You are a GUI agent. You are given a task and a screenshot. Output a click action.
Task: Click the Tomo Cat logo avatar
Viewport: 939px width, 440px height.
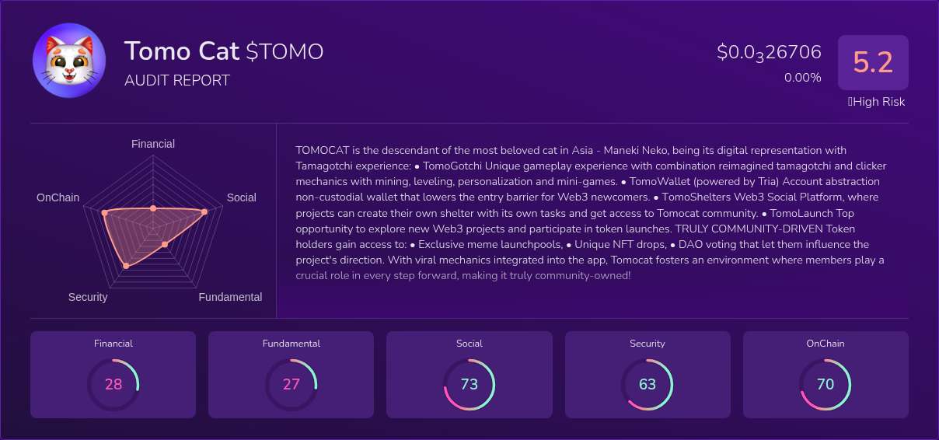coord(69,61)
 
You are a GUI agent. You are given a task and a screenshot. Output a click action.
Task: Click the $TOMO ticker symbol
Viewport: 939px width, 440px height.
coord(284,51)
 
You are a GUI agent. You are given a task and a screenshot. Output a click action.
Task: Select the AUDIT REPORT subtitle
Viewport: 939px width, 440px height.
coord(177,80)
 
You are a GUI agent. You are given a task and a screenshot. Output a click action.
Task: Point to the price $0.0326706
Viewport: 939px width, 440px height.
coord(769,52)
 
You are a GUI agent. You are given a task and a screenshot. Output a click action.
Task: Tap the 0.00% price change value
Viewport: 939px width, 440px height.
coord(802,78)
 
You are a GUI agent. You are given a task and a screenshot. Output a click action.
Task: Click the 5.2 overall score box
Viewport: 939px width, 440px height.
coord(873,62)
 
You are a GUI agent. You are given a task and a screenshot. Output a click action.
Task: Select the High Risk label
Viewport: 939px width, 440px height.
coord(876,102)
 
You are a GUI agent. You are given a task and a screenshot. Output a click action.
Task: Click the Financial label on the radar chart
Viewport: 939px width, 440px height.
coord(153,144)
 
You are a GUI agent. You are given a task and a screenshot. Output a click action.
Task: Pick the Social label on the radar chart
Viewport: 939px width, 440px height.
coord(241,197)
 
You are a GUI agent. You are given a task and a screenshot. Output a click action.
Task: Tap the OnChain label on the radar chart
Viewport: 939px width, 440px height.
coord(58,197)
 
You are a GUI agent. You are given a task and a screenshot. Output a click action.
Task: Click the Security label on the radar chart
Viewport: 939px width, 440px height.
coord(88,297)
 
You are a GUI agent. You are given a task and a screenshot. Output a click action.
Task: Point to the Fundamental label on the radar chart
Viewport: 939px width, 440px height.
coord(230,297)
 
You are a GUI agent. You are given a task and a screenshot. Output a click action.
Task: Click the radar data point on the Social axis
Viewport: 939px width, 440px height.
coord(204,211)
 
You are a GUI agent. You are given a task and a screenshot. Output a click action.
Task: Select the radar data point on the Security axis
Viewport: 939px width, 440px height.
coord(126,266)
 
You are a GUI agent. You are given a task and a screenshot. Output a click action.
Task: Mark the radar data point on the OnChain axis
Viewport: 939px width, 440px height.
coord(104,212)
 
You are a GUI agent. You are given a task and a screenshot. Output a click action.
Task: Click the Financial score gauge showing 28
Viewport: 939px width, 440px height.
coord(113,384)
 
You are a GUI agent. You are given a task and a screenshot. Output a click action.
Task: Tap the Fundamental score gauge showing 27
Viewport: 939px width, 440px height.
coord(291,384)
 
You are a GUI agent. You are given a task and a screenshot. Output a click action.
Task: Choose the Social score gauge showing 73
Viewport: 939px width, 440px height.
coord(469,384)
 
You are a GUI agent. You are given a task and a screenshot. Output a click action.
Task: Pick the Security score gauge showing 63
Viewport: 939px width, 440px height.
coord(648,384)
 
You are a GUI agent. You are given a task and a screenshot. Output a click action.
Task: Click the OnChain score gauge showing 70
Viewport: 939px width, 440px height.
coord(826,384)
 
